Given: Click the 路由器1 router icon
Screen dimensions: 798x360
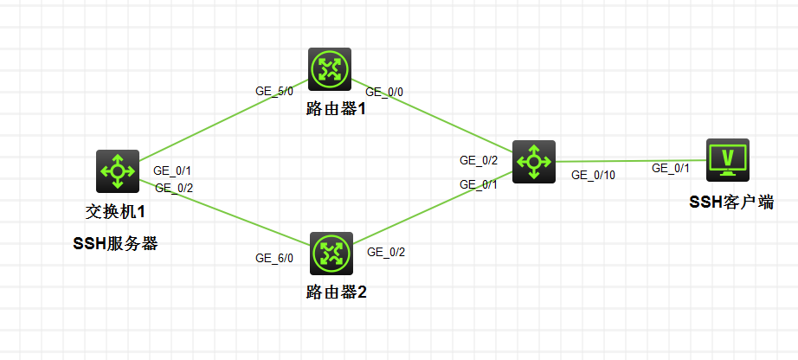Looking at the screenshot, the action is (330, 70).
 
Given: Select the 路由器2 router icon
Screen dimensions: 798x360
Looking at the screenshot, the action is (331, 254).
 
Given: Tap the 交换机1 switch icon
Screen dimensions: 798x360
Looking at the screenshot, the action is (118, 171).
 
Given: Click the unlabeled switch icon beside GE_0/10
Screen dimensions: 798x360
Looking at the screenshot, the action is (534, 162).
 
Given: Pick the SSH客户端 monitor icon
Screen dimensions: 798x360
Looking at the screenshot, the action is (728, 160).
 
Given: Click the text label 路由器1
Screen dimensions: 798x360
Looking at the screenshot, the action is (336, 109).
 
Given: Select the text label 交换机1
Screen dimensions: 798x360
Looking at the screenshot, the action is (115, 211).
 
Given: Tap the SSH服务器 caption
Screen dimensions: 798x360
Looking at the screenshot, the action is (115, 244).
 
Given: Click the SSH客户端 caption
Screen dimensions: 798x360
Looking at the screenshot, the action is (731, 202).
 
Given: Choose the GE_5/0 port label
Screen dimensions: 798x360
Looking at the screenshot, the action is (274, 91).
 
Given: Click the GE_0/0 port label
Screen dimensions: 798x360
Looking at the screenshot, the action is (385, 93).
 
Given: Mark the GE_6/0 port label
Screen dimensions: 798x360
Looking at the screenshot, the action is (274, 258).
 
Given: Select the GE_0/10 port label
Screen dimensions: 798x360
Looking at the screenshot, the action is (594, 175).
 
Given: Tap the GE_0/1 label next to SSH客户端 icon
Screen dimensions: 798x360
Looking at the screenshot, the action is (671, 168).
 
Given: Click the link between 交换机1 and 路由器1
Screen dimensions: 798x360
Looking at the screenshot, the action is (223, 120).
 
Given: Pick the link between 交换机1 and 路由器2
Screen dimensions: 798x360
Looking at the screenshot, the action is (224, 212).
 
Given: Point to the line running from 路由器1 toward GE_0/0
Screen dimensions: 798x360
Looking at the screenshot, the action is (432, 115).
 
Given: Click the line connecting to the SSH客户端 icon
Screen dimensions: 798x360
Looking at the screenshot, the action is (631, 161).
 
